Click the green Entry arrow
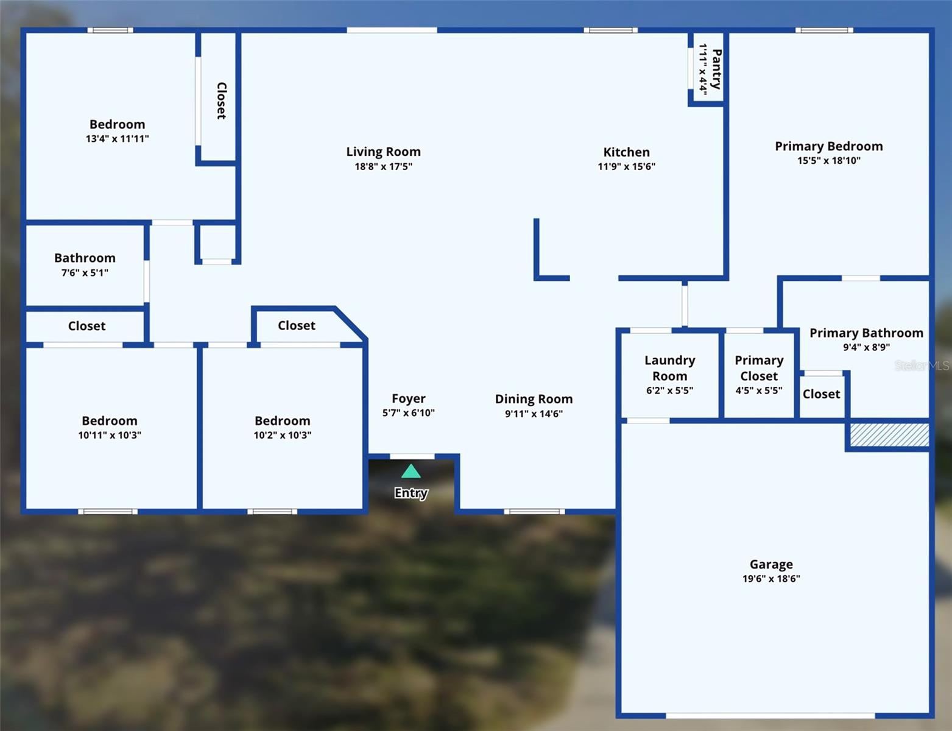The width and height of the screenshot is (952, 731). point(411,471)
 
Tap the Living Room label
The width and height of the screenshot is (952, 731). point(383,152)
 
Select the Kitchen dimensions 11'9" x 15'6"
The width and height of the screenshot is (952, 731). point(627,166)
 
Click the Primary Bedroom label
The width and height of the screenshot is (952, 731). point(829,146)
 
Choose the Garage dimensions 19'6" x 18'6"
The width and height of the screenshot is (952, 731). point(771,579)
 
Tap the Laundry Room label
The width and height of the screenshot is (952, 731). point(670,368)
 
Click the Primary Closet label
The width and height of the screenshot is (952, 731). point(760,368)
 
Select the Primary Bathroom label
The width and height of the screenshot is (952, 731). point(867,333)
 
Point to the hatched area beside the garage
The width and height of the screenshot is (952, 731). point(890,434)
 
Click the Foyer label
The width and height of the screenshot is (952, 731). point(409,398)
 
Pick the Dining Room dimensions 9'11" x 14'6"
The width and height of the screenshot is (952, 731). point(534,414)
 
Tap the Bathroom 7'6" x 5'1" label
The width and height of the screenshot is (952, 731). point(85,264)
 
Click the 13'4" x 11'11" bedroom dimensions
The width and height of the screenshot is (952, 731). point(118,139)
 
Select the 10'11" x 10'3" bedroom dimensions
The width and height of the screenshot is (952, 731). point(110,435)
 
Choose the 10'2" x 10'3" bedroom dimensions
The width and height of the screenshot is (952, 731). point(283,435)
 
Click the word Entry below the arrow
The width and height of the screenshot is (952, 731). point(411,493)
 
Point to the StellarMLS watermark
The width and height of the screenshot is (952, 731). point(922,365)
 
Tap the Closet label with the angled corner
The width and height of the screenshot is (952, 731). point(297,325)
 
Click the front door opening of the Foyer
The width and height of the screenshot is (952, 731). point(412,456)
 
